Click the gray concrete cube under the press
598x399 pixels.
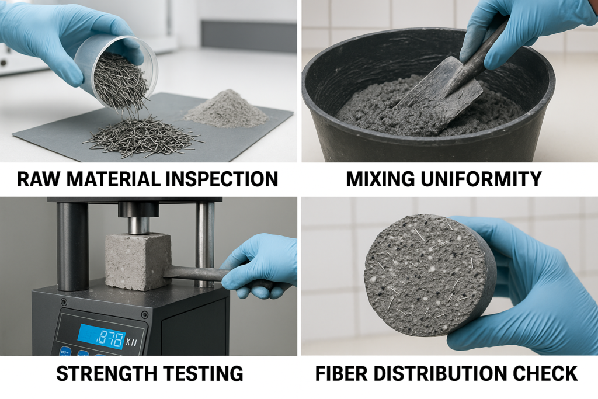(138, 261)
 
